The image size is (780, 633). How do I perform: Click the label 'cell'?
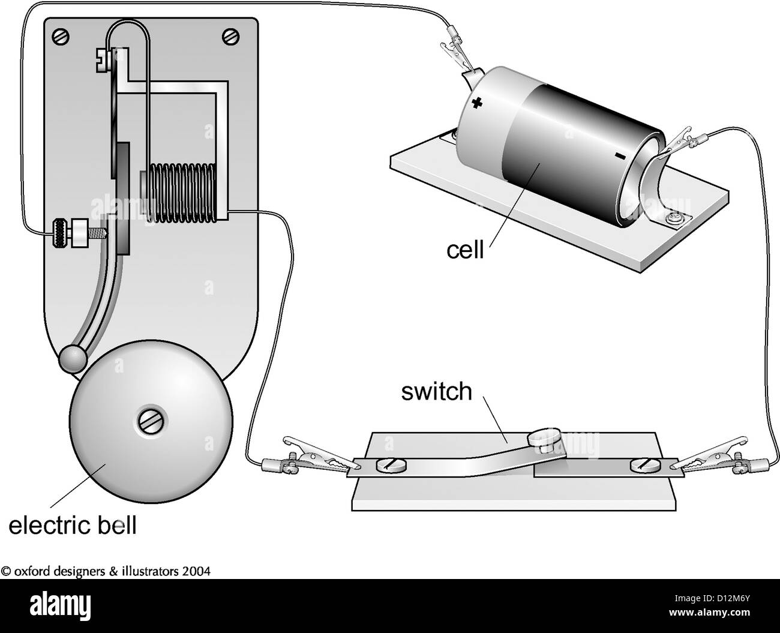click(465, 250)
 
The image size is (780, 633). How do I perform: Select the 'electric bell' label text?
click(73, 525)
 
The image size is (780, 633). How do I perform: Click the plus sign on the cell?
click(476, 103)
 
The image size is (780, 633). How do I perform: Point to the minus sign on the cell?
click(620, 157)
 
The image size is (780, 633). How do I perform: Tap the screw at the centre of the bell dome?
click(152, 420)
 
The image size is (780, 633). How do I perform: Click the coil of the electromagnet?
click(181, 193)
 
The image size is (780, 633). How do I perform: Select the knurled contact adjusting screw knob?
click(60, 233)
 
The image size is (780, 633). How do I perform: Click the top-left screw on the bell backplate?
click(61, 37)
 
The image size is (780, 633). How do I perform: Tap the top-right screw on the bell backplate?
click(231, 37)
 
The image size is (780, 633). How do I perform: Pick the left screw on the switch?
click(391, 466)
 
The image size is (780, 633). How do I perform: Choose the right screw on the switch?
click(644, 466)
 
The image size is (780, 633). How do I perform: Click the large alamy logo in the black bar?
click(60, 606)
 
